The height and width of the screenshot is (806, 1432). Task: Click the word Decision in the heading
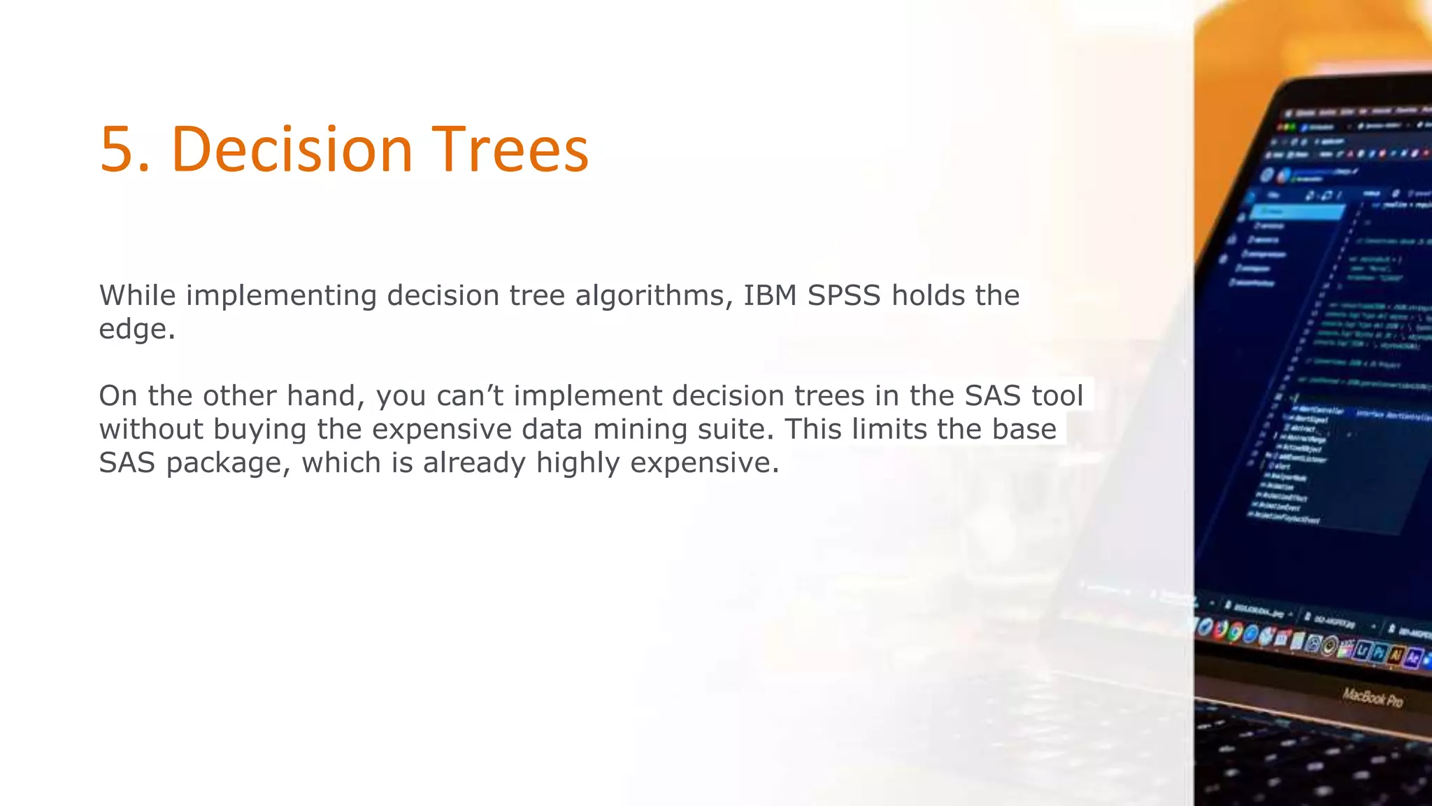click(292, 150)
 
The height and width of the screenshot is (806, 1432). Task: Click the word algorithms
click(654, 297)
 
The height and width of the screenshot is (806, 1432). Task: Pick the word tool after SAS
click(1057, 396)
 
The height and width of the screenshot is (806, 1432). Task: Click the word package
click(228, 464)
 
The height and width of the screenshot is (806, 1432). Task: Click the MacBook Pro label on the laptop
click(1372, 698)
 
